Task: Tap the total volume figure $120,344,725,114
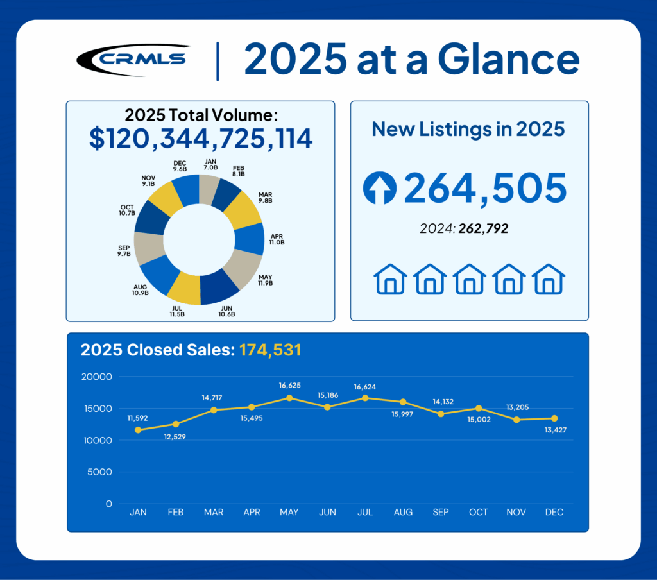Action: click(x=200, y=139)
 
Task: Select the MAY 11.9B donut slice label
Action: click(x=265, y=280)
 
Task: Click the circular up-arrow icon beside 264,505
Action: click(x=380, y=188)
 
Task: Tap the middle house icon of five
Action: click(x=469, y=279)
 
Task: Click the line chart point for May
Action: click(x=289, y=398)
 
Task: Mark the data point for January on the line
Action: click(x=138, y=430)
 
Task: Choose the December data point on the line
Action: click(x=554, y=418)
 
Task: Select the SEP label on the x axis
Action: click(x=441, y=512)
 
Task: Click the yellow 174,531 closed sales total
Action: click(x=270, y=350)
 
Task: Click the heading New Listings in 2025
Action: click(x=468, y=129)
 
